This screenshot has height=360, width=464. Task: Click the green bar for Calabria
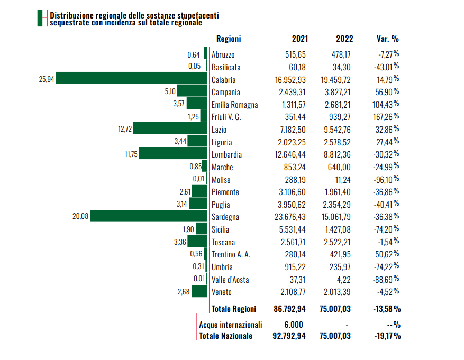131,78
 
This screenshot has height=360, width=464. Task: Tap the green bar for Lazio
170,128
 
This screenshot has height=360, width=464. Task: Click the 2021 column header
300,39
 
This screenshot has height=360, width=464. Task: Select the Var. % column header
387,39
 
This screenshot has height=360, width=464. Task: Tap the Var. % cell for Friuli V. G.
386,117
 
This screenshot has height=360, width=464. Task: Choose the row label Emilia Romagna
234,105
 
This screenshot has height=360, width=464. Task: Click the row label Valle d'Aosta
230,280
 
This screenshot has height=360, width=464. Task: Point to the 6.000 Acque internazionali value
294,325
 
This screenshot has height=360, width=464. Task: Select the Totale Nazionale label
226,336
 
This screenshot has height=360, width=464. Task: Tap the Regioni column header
229,39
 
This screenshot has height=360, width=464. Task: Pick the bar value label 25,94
47,79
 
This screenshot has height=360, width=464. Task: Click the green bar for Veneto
199,292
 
